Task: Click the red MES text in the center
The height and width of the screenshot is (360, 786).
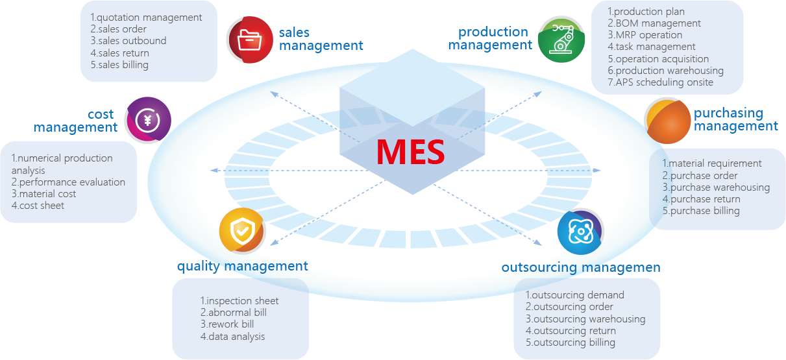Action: coord(411,152)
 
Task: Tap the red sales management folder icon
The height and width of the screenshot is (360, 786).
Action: coord(250,40)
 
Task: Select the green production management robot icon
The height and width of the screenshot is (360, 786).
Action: coord(561,40)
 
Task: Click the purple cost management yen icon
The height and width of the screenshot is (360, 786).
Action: coord(148,120)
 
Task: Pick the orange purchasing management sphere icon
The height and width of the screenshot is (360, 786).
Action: coord(668,121)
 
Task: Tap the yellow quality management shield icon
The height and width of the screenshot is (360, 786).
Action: coord(242,231)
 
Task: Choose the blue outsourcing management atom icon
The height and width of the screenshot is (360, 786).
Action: coord(580,232)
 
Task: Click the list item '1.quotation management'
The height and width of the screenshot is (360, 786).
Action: coord(146,18)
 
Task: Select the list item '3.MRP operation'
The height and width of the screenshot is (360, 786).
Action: coord(645,35)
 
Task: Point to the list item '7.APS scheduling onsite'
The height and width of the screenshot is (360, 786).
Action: coord(660,82)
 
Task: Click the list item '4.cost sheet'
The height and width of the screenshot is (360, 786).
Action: coord(38,206)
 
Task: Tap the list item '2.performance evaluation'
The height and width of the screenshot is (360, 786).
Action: coord(68,182)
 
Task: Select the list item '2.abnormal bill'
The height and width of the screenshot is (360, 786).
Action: coord(234,313)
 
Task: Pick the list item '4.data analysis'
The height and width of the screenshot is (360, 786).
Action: coord(232,337)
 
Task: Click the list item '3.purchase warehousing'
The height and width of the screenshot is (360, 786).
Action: coord(716,187)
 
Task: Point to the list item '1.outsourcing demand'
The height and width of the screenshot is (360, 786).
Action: coord(575,295)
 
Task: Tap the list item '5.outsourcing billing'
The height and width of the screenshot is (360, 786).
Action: coord(571,342)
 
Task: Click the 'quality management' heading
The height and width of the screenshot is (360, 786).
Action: coord(243,267)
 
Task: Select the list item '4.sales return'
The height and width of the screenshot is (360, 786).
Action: coord(119,53)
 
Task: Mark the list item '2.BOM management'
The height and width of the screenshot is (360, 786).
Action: coord(654,23)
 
